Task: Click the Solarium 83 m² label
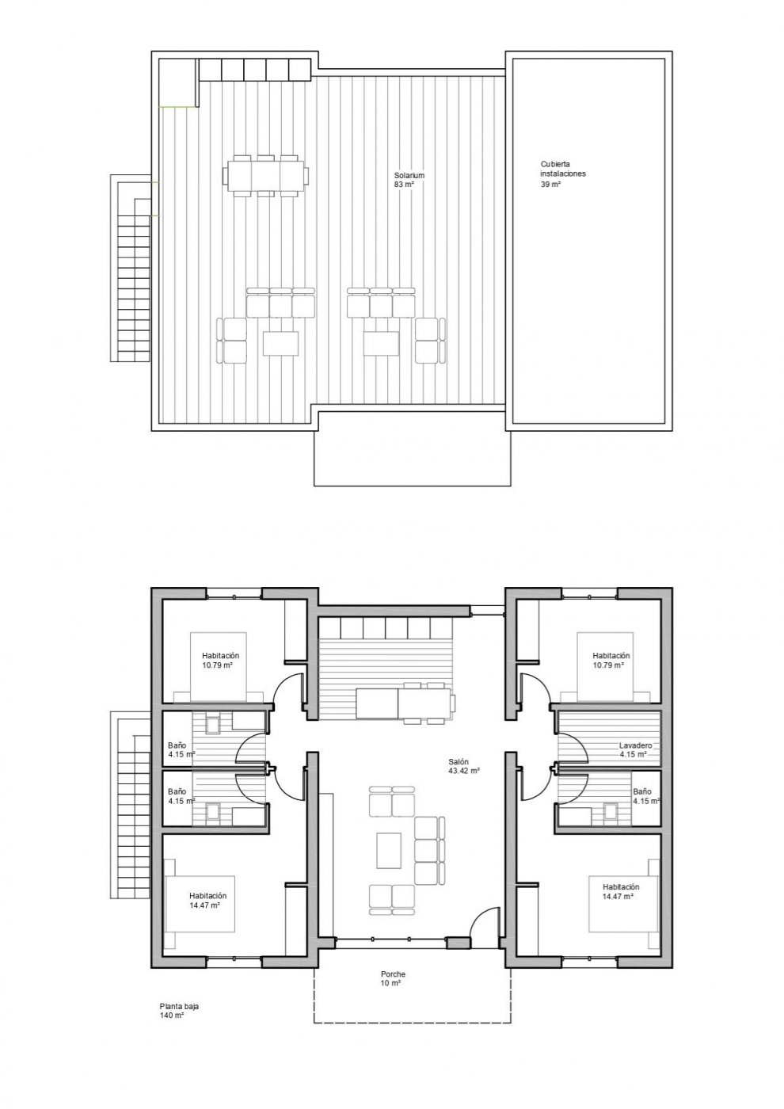(x=404, y=180)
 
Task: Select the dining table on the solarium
(x=265, y=173)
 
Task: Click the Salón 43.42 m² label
(x=463, y=765)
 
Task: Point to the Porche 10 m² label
(x=392, y=978)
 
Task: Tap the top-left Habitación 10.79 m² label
(x=219, y=661)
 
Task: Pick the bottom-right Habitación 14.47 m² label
(x=620, y=892)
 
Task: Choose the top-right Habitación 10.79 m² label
(x=611, y=661)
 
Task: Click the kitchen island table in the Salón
(x=404, y=703)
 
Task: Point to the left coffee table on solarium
(x=280, y=343)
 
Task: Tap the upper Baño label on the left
(x=177, y=750)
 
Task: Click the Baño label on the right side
(x=641, y=795)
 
